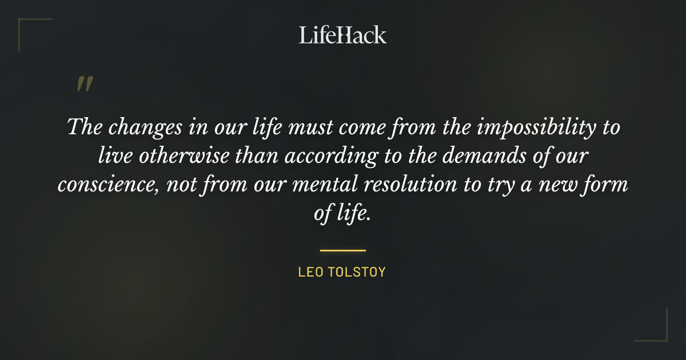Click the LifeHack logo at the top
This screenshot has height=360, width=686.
[343, 35]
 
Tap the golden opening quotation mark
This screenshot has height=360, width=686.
[85, 84]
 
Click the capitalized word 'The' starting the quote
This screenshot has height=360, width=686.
[84, 126]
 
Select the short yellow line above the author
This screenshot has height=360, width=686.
[343, 250]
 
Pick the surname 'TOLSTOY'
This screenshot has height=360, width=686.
[357, 272]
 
